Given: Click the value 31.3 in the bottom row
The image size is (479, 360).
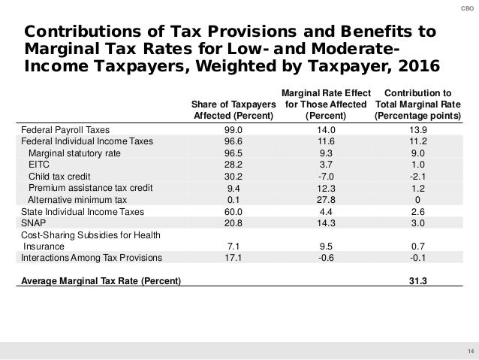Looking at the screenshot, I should coord(420,282).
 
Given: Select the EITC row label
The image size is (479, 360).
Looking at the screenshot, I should coord(38,165).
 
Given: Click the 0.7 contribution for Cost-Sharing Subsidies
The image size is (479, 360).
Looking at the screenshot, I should coord(420,245).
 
